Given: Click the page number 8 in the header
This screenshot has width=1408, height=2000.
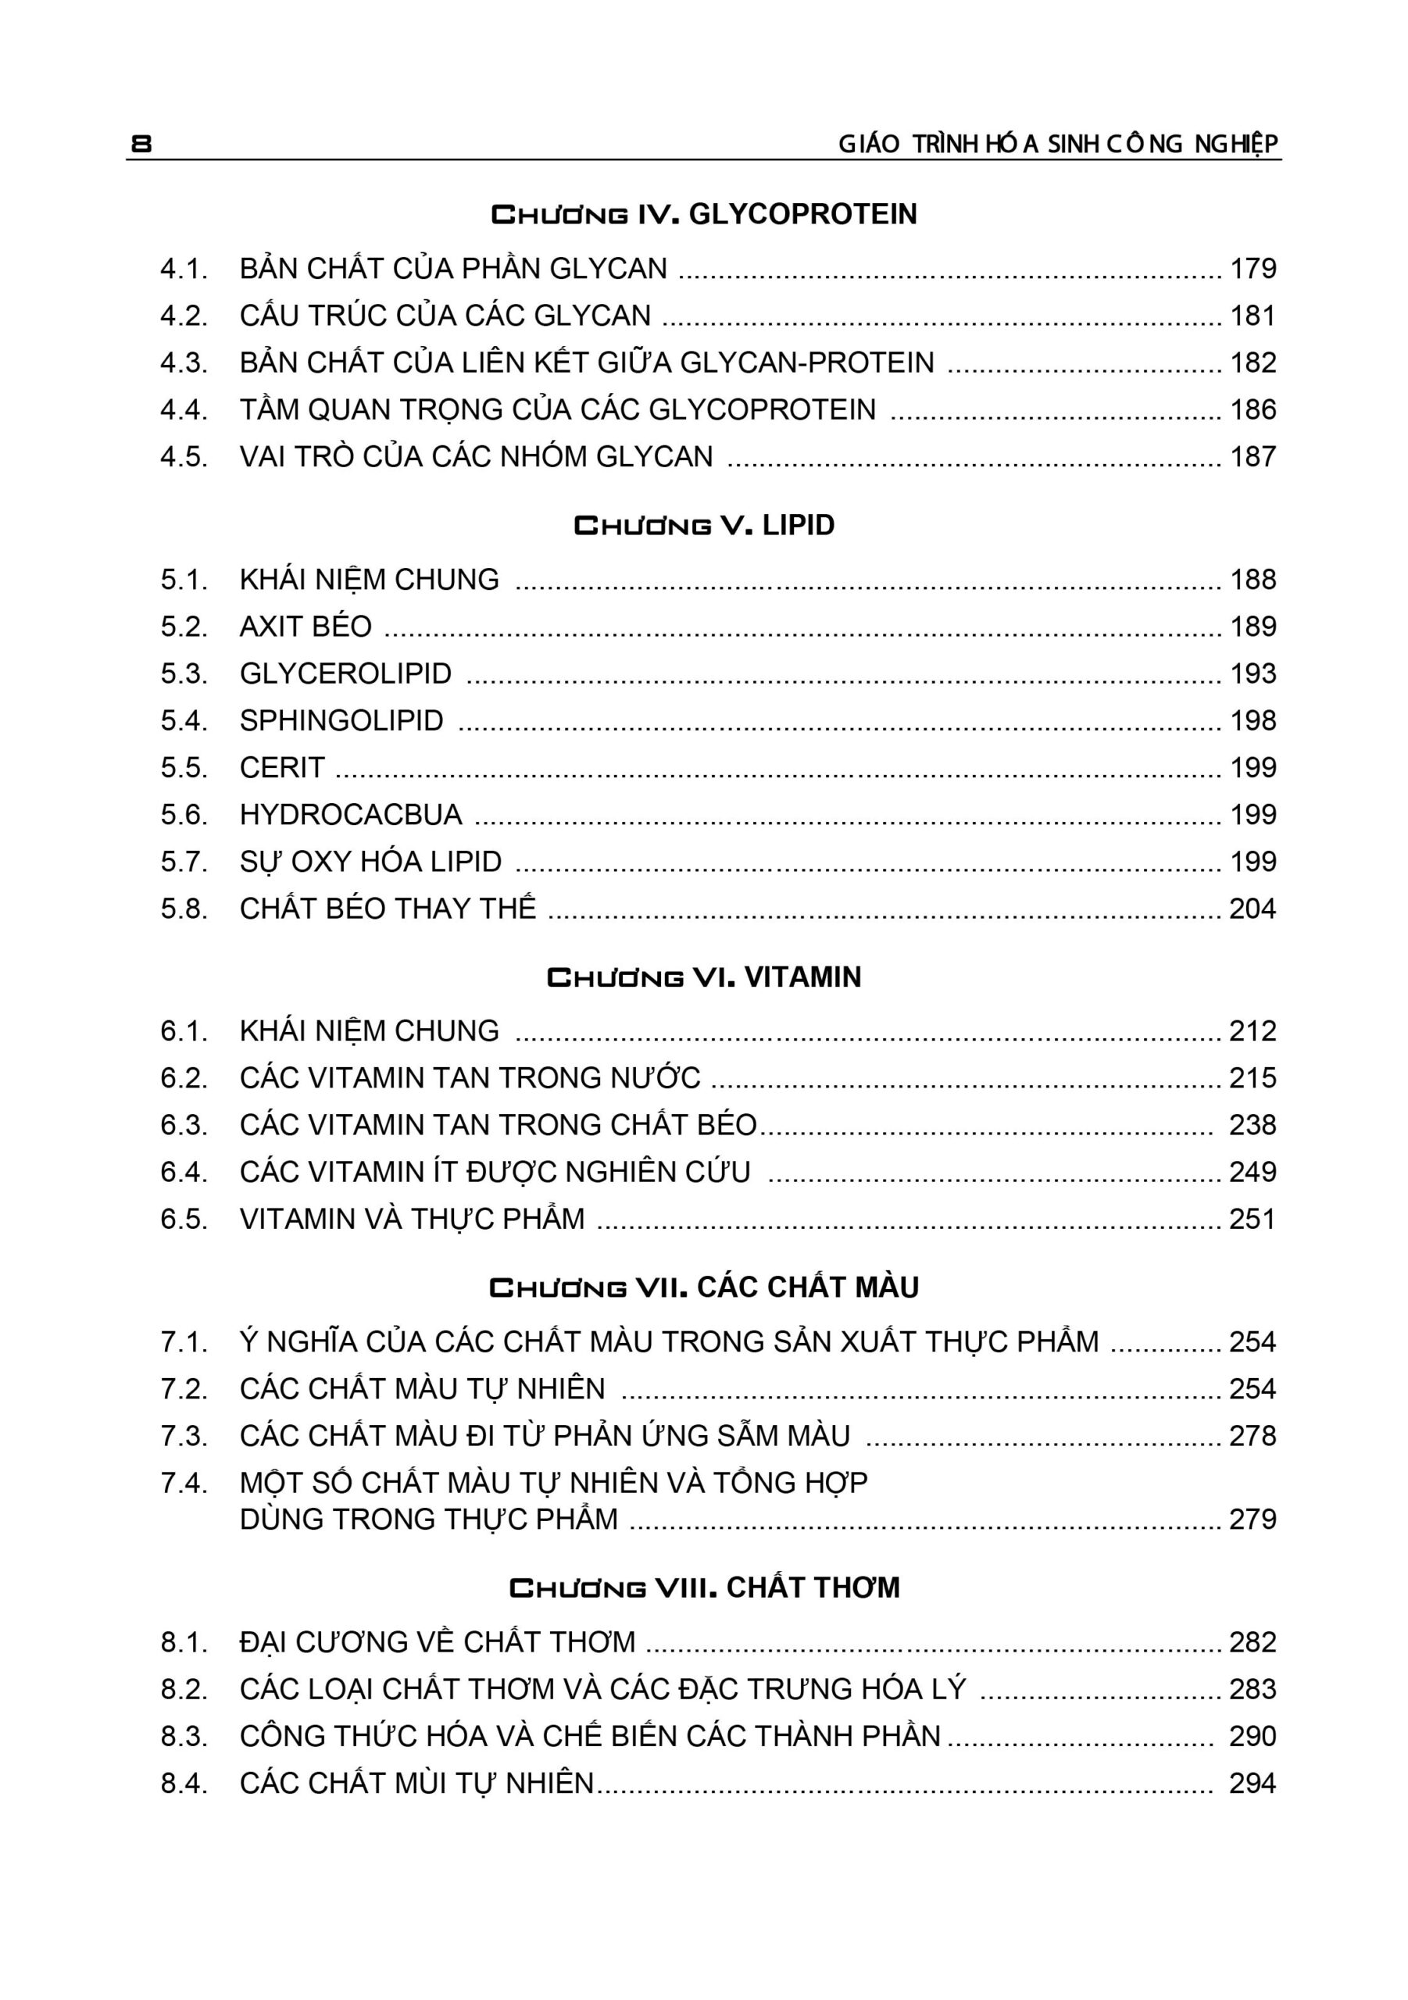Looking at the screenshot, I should pos(141,144).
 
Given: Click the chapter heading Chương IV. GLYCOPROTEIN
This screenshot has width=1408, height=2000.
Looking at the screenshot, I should pos(704,214).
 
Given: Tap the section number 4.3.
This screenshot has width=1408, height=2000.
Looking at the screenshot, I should pos(184,363).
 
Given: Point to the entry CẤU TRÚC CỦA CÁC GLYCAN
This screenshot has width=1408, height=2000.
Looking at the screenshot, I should pos(445,316).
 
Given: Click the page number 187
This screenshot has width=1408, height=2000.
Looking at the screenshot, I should pos(1252,457).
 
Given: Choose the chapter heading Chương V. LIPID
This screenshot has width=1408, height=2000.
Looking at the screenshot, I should pos(704,525).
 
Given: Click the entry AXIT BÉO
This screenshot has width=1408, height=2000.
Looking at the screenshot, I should pos(306,627).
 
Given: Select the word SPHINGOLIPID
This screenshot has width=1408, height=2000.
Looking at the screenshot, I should pos(341,721).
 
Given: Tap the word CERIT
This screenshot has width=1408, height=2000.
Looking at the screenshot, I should pos(282,768).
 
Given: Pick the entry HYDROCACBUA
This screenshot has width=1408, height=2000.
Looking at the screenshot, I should pos(351,816).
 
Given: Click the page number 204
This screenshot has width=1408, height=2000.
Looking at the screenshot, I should pos(1252,909).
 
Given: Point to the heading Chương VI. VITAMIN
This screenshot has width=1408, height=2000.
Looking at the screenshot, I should pos(704,977).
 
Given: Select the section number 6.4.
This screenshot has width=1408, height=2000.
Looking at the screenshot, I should pos(184,1173).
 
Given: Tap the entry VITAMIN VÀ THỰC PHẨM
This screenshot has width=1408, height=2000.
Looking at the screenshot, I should pos(412,1220).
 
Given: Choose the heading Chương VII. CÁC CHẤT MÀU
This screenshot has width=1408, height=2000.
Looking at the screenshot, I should pos(704,1287).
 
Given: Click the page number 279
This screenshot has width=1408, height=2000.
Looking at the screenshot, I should pos(1252,1520).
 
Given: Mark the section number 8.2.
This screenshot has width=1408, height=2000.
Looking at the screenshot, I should pos(184,1690).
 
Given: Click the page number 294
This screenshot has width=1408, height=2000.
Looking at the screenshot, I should pos(1252,1784).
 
